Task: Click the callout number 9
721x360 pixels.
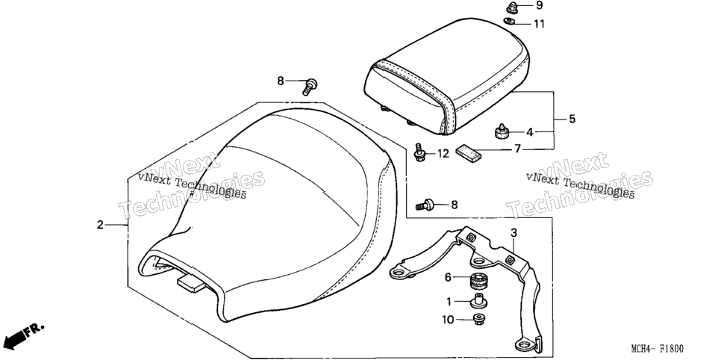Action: pos(539,5)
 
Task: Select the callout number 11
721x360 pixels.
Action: pos(539,23)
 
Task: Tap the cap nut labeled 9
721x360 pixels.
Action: pos(511,7)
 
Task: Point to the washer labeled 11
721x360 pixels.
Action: pos(509,21)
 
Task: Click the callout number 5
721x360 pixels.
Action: pos(572,119)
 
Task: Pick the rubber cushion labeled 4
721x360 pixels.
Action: pos(501,131)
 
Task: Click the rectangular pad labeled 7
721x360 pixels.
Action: pos(468,152)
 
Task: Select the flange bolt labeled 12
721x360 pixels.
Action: pos(419,152)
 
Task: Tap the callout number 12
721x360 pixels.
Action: pos(443,153)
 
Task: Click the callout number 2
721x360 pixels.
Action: pos(100,225)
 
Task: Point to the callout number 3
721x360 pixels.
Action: pos(514,233)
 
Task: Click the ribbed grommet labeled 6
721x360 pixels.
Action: pos(478,279)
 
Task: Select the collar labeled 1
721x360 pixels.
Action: pos(479,300)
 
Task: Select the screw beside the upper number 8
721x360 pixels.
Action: pos(310,87)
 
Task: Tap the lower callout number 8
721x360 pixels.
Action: pos(455,205)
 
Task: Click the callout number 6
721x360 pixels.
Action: pos(449,277)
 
